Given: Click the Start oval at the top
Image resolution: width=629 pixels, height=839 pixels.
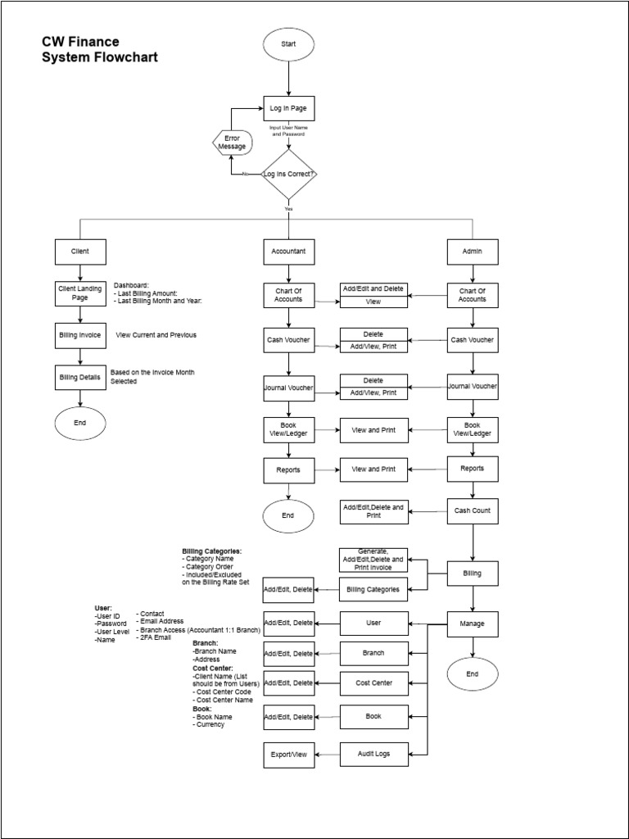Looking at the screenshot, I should click(288, 43).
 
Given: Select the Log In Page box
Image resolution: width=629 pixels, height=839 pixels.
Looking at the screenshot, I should click(288, 109).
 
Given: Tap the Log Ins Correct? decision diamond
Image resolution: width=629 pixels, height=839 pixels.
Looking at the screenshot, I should click(288, 174).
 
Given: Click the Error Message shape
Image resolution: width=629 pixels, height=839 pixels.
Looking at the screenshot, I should click(232, 142).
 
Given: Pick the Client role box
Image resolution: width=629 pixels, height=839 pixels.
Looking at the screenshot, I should click(79, 252).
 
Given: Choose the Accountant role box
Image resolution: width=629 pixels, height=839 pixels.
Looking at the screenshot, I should click(288, 252).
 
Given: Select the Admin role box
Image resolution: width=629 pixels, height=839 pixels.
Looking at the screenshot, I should click(473, 252).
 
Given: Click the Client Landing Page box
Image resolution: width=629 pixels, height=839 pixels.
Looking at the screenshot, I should click(79, 293).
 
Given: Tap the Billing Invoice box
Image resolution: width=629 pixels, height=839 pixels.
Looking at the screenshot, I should click(79, 335).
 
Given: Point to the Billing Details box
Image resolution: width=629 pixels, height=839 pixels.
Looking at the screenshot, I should click(79, 377).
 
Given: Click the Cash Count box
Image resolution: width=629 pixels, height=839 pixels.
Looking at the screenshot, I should click(473, 511).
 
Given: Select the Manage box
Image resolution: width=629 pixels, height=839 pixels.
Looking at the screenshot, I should click(473, 624).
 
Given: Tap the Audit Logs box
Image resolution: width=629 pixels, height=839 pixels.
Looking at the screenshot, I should click(373, 753).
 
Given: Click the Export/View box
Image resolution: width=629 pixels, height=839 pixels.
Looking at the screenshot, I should click(288, 753).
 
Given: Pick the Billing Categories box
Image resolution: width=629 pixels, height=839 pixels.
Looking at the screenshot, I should click(373, 588).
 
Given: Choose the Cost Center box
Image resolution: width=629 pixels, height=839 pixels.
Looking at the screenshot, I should click(373, 683).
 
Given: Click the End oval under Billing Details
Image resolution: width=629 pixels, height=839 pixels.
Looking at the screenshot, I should click(79, 423).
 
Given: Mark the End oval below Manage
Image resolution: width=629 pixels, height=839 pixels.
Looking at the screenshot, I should click(473, 674).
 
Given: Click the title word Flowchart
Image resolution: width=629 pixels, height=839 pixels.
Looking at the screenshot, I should click(124, 57).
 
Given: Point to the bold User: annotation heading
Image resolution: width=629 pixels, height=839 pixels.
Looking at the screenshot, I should click(103, 608).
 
